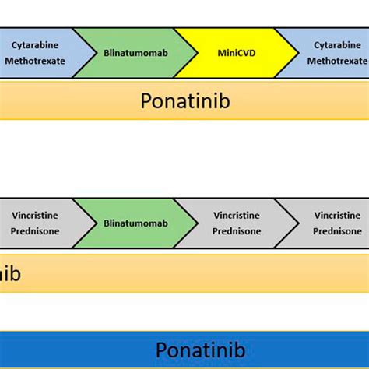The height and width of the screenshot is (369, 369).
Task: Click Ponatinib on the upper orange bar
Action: click(x=185, y=101)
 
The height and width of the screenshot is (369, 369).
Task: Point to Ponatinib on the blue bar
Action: click(x=200, y=350)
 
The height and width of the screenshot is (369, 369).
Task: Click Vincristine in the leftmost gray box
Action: click(x=34, y=215)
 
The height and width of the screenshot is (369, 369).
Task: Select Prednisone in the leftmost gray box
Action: click(x=34, y=231)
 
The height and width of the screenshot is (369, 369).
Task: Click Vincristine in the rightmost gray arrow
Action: click(x=337, y=215)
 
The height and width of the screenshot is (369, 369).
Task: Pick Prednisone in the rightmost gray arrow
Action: click(x=337, y=231)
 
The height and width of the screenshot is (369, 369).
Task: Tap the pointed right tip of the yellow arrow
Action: click(x=297, y=53)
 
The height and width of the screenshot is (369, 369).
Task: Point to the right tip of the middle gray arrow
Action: click(x=297, y=223)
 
